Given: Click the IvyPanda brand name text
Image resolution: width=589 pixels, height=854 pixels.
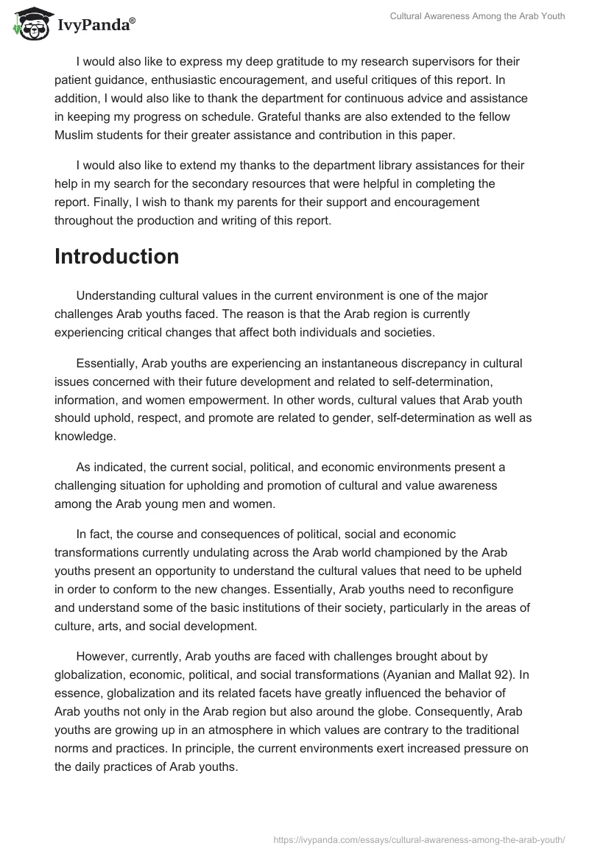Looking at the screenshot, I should [96, 27].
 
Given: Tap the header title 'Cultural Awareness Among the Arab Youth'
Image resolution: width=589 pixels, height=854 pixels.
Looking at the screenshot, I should [477, 16].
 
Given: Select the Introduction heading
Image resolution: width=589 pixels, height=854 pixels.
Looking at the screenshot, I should [117, 257].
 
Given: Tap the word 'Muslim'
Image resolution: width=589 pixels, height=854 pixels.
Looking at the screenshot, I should [78, 135].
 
